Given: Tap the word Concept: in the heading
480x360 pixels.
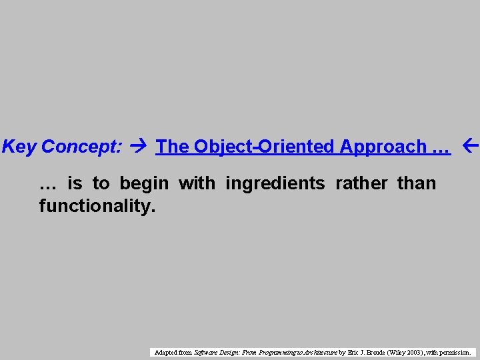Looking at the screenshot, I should point(82,147).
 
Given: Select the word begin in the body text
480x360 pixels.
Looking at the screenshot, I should point(145,183).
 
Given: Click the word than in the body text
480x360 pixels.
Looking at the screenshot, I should point(417,183).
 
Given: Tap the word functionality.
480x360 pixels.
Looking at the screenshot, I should point(97,206).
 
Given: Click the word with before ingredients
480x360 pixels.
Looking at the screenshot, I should point(197,183).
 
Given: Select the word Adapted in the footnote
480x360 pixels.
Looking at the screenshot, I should point(165,352).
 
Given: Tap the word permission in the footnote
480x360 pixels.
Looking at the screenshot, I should point(456,352).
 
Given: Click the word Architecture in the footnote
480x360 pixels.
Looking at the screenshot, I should point(316,352).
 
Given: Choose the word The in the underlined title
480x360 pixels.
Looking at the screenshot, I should point(173,147).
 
